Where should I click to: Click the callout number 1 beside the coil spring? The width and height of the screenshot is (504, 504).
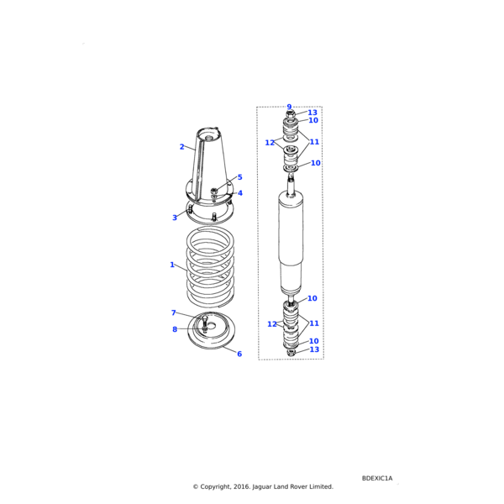tap(172, 265)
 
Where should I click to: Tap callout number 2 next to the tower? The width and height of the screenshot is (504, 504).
tap(182, 147)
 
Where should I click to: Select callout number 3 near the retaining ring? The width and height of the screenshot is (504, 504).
tap(175, 218)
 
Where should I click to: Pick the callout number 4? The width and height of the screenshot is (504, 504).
tap(240, 193)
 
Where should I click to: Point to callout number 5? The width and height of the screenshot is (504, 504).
tap(239, 177)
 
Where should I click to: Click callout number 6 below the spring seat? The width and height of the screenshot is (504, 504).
tap(239, 354)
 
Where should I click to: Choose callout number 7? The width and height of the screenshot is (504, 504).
tap(174, 312)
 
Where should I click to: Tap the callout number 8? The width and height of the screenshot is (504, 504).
tap(175, 329)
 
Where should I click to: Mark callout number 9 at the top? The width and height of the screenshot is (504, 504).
tap(289, 107)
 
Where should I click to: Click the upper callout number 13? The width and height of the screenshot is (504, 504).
tap(312, 113)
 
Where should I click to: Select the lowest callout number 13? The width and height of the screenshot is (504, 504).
tap(314, 349)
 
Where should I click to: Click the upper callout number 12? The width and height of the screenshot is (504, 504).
tap(270, 143)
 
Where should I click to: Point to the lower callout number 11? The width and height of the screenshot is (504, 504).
tap(314, 323)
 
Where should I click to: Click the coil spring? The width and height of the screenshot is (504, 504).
tap(210, 266)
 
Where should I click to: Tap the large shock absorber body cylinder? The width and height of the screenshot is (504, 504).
tap(291, 243)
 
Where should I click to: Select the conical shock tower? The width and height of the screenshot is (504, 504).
tap(209, 167)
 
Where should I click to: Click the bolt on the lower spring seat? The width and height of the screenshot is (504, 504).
tap(205, 324)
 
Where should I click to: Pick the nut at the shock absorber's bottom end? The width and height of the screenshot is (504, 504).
tap(291, 353)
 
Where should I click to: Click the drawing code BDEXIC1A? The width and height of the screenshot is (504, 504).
tap(377, 478)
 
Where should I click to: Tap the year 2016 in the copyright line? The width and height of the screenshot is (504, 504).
tap(242, 486)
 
